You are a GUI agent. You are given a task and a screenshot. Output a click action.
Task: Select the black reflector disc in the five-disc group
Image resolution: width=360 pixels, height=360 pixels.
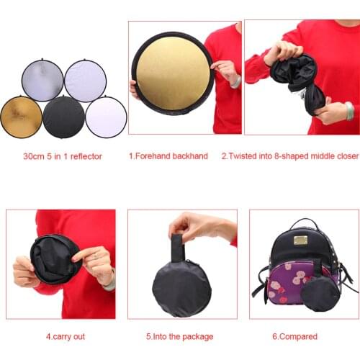pos(64,117)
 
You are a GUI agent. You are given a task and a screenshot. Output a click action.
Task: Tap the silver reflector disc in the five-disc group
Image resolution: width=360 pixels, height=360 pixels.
pos(42,81)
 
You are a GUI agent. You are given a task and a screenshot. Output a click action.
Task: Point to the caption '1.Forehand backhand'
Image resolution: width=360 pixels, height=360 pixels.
pos(168,156)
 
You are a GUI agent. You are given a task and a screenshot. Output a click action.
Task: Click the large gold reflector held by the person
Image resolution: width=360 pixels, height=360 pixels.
pos(172,73)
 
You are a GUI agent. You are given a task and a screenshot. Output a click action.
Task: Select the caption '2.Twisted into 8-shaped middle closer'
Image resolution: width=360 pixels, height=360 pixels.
pos(289,156)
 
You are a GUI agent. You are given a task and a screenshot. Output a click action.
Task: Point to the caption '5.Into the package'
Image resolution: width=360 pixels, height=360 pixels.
pos(179,336)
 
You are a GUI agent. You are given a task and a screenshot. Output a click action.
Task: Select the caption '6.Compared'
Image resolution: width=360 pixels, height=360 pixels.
pos(296,336)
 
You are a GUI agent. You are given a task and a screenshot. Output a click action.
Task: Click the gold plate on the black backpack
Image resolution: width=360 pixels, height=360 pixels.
pos(300,239)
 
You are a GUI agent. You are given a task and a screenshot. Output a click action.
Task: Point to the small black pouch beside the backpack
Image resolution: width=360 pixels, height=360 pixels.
pos(320,293)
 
